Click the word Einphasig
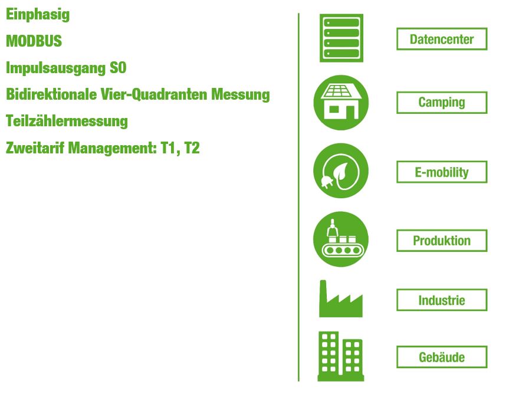pyautogui.click(x=38, y=15)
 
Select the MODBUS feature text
pyautogui.click(x=34, y=41)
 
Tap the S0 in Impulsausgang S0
pyautogui.click(x=118, y=68)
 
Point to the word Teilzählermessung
pyautogui.click(x=67, y=121)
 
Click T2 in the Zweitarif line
pyautogui.click(x=192, y=147)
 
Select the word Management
pyautogui.click(x=112, y=148)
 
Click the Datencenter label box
pyautogui.click(x=442, y=39)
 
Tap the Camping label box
pyautogui.click(x=442, y=103)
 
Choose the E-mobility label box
pyautogui.click(x=442, y=172)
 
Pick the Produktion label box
pyautogui.click(x=442, y=241)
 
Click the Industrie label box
pyautogui.click(x=442, y=300)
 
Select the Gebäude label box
pyautogui.click(x=442, y=358)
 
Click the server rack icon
pyautogui.click(x=341, y=38)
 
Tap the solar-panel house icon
pyautogui.click(x=341, y=103)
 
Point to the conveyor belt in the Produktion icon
pyautogui.click(x=343, y=250)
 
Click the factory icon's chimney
pyautogui.click(x=323, y=291)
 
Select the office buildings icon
pyautogui.click(x=341, y=356)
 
